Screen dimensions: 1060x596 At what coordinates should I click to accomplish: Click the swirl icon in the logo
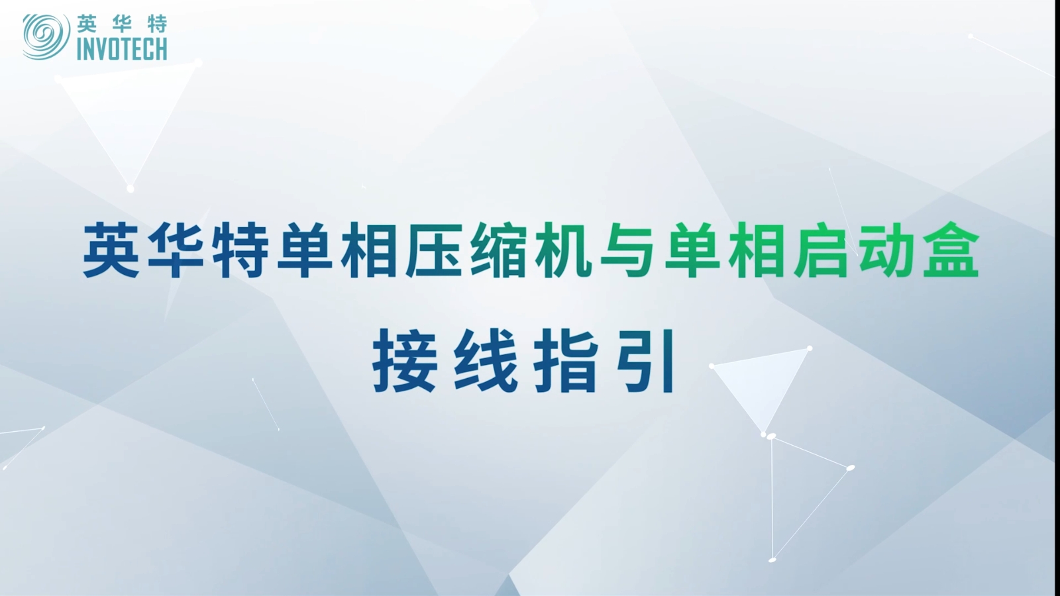[46, 37]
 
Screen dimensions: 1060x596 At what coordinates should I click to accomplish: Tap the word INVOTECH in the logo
[122, 49]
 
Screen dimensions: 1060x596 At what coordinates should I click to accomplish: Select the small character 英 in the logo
[87, 24]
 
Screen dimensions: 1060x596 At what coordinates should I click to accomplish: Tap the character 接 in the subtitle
[405, 361]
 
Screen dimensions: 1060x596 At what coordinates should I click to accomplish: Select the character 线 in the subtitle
[485, 361]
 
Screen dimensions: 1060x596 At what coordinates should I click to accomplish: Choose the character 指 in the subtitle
[565, 361]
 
